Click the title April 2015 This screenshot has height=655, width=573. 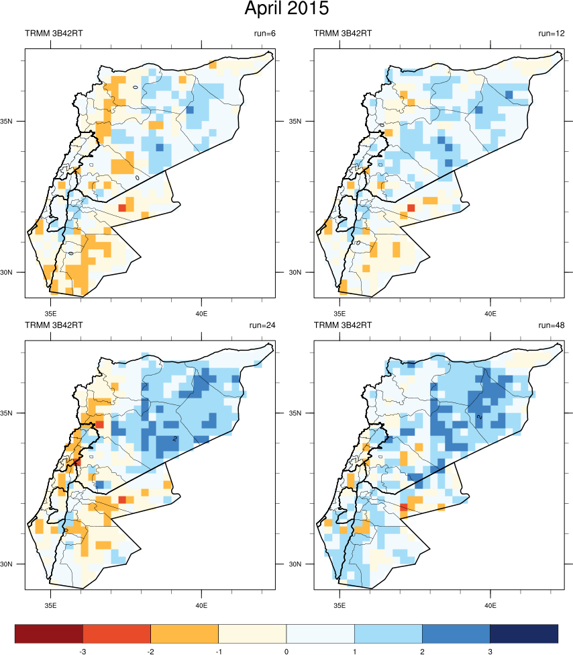[x=286, y=9]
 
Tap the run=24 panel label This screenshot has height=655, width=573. [x=262, y=325]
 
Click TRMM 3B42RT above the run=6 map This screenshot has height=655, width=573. [x=54, y=33]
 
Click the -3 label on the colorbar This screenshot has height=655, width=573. [x=83, y=651]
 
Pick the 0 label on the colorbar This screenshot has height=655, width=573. [x=286, y=651]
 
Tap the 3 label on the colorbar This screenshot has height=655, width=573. [x=490, y=651]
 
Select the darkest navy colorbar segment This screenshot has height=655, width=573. [x=524, y=633]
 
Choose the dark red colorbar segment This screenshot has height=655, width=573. [x=49, y=633]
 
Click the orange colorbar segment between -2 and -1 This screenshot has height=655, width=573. [x=185, y=633]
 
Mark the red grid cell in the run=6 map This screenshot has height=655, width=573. [x=122, y=208]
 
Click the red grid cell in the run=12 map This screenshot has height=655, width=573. [x=411, y=208]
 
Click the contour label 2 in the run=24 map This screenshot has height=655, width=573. [x=174, y=439]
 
